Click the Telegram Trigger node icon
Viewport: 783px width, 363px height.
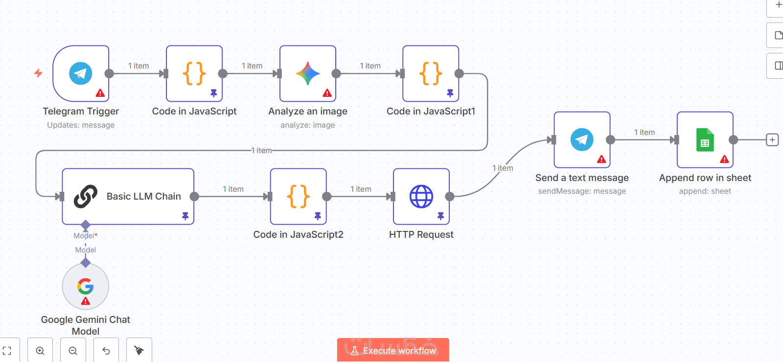81,73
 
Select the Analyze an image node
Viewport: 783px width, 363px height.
308,73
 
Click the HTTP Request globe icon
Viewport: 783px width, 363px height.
421,197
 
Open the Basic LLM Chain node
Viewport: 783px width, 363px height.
128,197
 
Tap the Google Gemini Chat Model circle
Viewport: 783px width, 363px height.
86,286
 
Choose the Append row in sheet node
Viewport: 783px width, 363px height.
705,140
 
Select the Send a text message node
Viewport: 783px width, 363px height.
582,140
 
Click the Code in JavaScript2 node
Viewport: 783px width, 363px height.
298,197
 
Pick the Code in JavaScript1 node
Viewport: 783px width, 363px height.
431,73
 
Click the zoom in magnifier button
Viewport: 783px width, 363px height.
40,351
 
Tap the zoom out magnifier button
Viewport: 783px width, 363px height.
73,351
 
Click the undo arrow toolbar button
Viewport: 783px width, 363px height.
106,351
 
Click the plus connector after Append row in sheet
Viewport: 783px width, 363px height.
772,140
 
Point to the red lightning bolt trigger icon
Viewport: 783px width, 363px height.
38,73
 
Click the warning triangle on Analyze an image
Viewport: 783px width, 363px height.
327,93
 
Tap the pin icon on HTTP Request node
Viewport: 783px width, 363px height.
440,216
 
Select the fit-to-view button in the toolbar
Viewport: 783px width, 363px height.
7,351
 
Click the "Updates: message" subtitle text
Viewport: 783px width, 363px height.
81,125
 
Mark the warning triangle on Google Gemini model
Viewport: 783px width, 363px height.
86,301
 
